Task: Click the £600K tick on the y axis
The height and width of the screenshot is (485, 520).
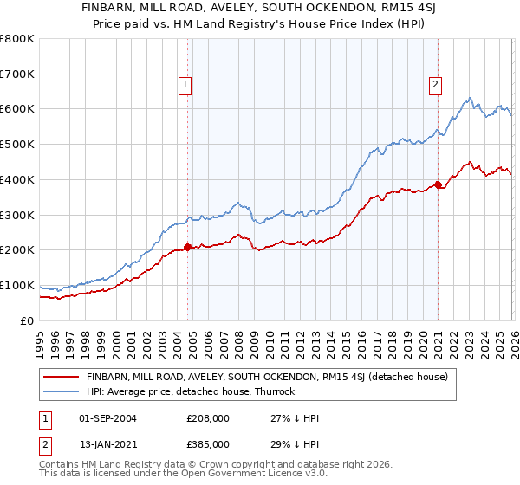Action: [x=17, y=109]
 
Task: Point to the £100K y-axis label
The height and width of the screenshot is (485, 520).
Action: [x=17, y=285]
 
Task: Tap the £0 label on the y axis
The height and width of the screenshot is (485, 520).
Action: [x=27, y=320]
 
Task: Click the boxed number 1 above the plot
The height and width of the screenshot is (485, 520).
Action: [x=186, y=85]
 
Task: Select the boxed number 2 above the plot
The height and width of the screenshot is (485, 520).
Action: [x=434, y=85]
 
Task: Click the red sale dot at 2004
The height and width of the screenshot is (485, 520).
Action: [x=187, y=247]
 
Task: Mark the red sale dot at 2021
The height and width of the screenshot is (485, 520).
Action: [x=438, y=184]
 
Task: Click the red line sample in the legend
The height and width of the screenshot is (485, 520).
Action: [x=61, y=377]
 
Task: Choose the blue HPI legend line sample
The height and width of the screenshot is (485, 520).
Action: [x=61, y=391]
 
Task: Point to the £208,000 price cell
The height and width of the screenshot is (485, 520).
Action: [x=208, y=418]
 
